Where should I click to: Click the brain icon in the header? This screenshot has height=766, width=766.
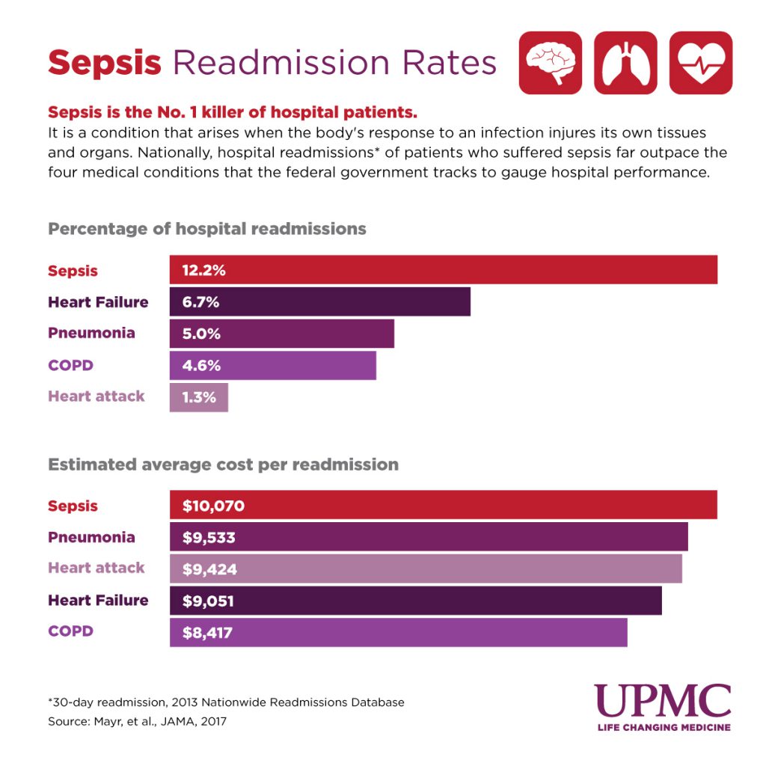click(x=550, y=63)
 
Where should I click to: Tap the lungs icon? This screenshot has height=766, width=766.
click(x=625, y=63)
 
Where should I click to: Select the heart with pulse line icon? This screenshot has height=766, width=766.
click(x=700, y=63)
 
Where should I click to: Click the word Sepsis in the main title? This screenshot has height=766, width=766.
click(x=105, y=63)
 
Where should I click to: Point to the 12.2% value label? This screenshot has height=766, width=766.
click(x=203, y=271)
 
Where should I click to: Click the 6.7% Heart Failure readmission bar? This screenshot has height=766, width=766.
click(x=320, y=302)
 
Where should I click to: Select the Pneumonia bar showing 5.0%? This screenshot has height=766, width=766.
click(x=282, y=334)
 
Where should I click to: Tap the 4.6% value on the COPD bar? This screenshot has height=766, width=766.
click(x=201, y=367)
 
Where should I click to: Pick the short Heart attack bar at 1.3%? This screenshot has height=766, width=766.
click(x=199, y=397)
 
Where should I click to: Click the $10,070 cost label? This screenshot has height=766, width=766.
click(x=213, y=506)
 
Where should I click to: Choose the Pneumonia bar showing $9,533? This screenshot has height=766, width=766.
click(x=429, y=537)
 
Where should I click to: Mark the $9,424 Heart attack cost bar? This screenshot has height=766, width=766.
click(x=426, y=569)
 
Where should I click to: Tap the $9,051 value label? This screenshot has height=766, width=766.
click(x=209, y=601)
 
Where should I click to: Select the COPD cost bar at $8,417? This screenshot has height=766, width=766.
click(x=398, y=632)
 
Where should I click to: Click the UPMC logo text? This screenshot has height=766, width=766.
click(x=663, y=701)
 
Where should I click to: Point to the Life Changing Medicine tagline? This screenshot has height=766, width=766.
click(x=663, y=727)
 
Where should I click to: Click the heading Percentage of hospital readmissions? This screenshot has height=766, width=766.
click(x=207, y=229)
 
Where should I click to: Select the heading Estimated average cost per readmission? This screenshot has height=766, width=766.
click(x=223, y=465)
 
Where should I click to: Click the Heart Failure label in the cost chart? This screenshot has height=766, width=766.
click(x=98, y=601)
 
